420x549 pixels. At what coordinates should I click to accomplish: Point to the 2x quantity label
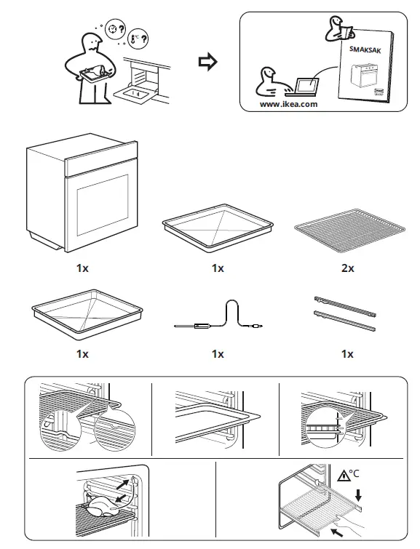click(347, 268)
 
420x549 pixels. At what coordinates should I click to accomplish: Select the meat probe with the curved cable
click(218, 318)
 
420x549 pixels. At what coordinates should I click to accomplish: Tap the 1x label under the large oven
click(82, 268)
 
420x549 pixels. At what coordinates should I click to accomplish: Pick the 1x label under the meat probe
click(218, 354)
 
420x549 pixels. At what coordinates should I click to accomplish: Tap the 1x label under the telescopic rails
click(347, 354)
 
